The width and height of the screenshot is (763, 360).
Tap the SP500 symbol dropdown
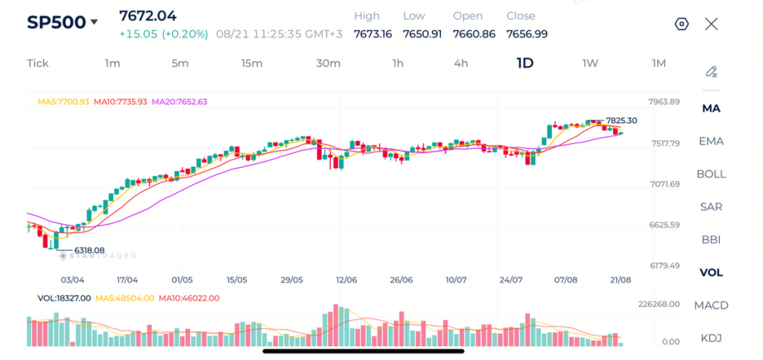pyautogui.click(x=63, y=22)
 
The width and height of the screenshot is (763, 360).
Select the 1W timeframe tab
pyautogui.click(x=590, y=63)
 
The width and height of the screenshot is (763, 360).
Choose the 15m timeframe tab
pyautogui.click(x=252, y=63)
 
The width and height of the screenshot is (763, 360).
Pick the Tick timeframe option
pyautogui.click(x=38, y=63)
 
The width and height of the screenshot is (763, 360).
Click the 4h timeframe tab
pyautogui.click(x=460, y=63)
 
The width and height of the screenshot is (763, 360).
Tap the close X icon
pyautogui.click(x=712, y=24)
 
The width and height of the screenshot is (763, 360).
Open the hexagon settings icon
pyautogui.click(x=682, y=24)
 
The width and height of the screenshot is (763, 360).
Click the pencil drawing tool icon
pyautogui.click(x=712, y=72)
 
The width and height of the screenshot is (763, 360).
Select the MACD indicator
pyautogui.click(x=711, y=306)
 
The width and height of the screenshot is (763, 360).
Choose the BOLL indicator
pyautogui.click(x=711, y=174)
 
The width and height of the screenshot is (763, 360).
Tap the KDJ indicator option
pyautogui.click(x=711, y=338)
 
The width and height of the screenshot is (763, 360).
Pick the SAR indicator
pyautogui.click(x=711, y=206)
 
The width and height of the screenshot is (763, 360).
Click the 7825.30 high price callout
pyautogui.click(x=621, y=121)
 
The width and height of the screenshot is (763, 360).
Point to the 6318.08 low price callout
pyautogui.click(x=89, y=250)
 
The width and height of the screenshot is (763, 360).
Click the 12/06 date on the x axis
pyautogui.click(x=346, y=280)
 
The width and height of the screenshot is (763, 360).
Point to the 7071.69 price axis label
pyautogui.click(x=664, y=184)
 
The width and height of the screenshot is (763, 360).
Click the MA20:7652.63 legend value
pyautogui.click(x=180, y=102)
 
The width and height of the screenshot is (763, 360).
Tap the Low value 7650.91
pyautogui.click(x=422, y=34)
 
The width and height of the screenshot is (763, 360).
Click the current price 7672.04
pyautogui.click(x=148, y=16)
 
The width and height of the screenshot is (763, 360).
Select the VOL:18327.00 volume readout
pyautogui.click(x=64, y=298)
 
